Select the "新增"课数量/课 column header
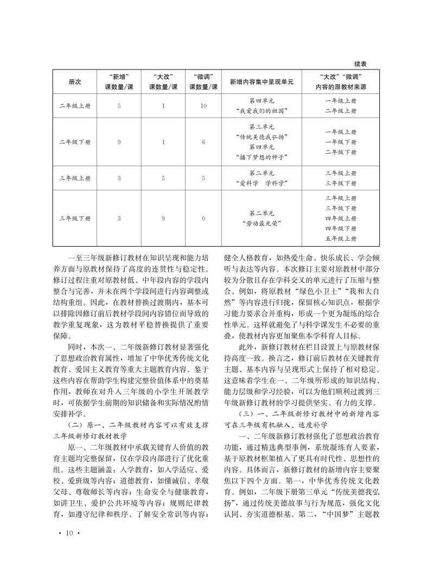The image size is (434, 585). pyautogui.click(x=119, y=81)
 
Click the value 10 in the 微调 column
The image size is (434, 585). pyautogui.click(x=203, y=106)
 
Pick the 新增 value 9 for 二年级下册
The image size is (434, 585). pyautogui.click(x=119, y=142)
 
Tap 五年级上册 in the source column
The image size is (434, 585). pyautogui.click(x=341, y=238)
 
